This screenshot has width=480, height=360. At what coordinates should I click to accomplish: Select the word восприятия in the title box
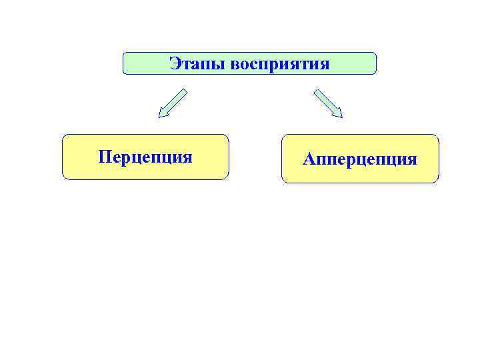coord(280,65)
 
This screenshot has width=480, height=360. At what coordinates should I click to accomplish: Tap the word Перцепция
coord(145,157)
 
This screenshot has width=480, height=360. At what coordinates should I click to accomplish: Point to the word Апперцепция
coord(360,160)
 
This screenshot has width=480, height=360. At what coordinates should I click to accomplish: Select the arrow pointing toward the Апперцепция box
coord(328,104)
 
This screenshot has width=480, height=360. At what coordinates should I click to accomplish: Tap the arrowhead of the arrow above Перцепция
coord(162,114)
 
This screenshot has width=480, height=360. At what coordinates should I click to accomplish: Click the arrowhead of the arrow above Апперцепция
coord(338,114)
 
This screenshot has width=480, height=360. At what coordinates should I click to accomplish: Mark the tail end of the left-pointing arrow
coord(185,91)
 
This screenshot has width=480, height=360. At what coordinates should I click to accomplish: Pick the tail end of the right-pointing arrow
coord(316,91)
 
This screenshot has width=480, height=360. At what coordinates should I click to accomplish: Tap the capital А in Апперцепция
coord(309,159)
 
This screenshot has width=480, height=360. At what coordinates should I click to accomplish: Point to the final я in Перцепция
coord(187,158)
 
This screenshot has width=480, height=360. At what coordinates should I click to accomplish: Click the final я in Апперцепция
coord(412,161)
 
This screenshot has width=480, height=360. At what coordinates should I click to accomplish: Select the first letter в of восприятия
coord(234,65)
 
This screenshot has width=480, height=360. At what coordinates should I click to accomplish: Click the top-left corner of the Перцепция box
coord(64,136)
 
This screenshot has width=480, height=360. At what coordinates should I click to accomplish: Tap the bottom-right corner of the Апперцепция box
coord(438,181)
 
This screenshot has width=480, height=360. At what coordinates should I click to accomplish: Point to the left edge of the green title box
coord(123,63)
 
